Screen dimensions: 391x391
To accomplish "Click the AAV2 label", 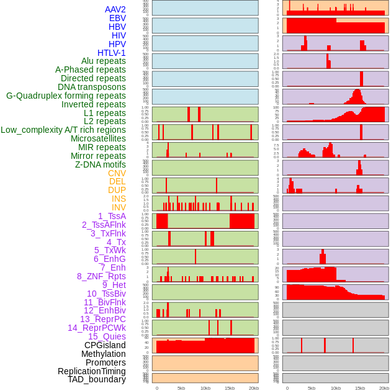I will (115, 9).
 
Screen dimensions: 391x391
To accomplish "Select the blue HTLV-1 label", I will (111, 53).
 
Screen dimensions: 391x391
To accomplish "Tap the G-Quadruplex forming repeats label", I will (66, 96).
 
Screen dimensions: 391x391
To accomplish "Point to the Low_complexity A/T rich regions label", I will (63, 130).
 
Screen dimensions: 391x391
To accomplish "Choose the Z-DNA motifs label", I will (100, 164).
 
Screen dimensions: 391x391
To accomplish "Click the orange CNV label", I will (117, 173).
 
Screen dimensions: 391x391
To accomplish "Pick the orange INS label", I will (119, 199).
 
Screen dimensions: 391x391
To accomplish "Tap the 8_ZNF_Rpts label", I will (101, 276).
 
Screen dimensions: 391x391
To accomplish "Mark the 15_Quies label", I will (107, 336).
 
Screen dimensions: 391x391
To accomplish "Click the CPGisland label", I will (105, 345).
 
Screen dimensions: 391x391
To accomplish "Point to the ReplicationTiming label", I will (91, 371).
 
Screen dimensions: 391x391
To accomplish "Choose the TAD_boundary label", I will (96, 379).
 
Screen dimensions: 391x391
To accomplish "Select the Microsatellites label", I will (98, 138).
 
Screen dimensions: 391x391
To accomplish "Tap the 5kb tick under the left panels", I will (181, 388).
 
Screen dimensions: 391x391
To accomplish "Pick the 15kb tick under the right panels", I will (360, 388).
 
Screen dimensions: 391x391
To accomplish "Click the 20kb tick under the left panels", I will (254, 388).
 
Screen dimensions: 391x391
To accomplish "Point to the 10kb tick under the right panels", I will (336, 388).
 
